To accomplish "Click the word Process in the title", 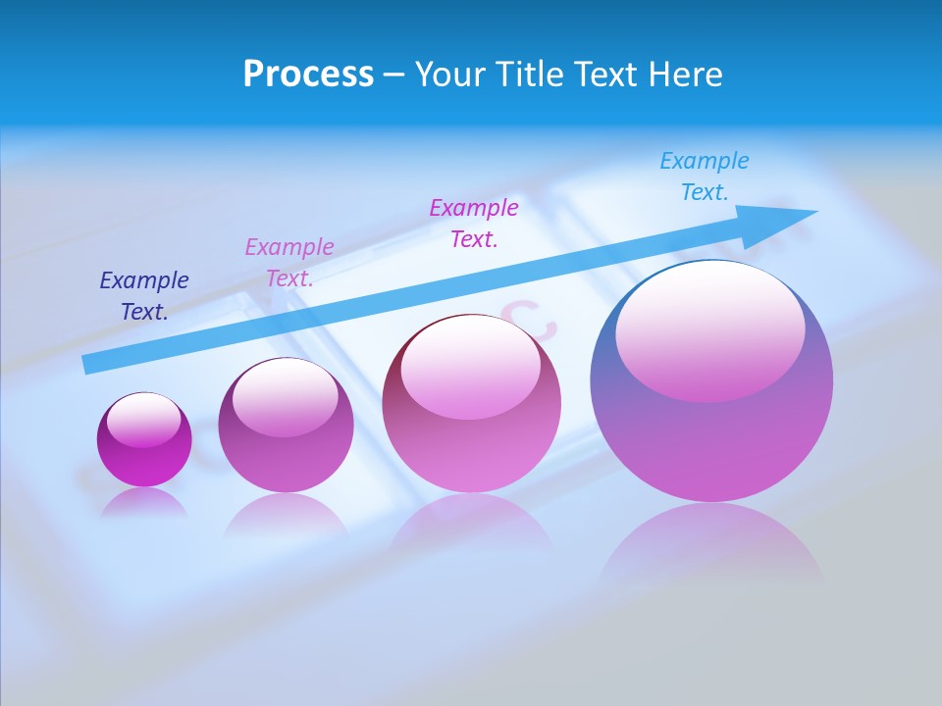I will tap(308, 74).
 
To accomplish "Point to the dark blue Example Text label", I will tap(144, 296).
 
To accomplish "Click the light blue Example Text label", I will tap(705, 176).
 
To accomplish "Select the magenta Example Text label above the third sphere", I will tap(474, 223).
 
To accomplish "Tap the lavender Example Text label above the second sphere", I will tap(289, 262).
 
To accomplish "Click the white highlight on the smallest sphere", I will tap(143, 420).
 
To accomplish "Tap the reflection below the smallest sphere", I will tap(144, 502).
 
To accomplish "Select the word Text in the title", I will tap(603, 74).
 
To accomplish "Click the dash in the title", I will tap(393, 75).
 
